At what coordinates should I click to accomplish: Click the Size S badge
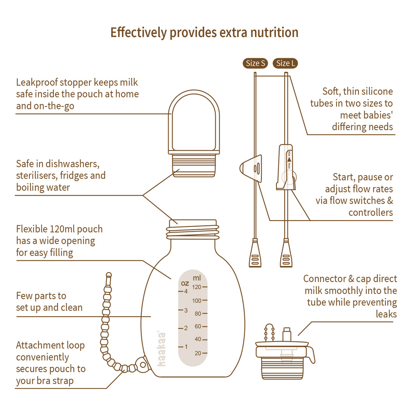coord(256,63)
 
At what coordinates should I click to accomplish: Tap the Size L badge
coord(286,63)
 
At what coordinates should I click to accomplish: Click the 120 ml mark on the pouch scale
coord(197,287)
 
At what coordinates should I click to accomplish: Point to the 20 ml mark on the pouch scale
coord(198,353)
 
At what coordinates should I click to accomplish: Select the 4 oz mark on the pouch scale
coord(186,291)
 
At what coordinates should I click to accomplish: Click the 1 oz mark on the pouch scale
coord(186,346)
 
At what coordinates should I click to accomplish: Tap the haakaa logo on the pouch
coord(161,348)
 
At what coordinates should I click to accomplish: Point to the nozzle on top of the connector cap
coord(287,334)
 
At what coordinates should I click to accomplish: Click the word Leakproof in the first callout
coord(37,82)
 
